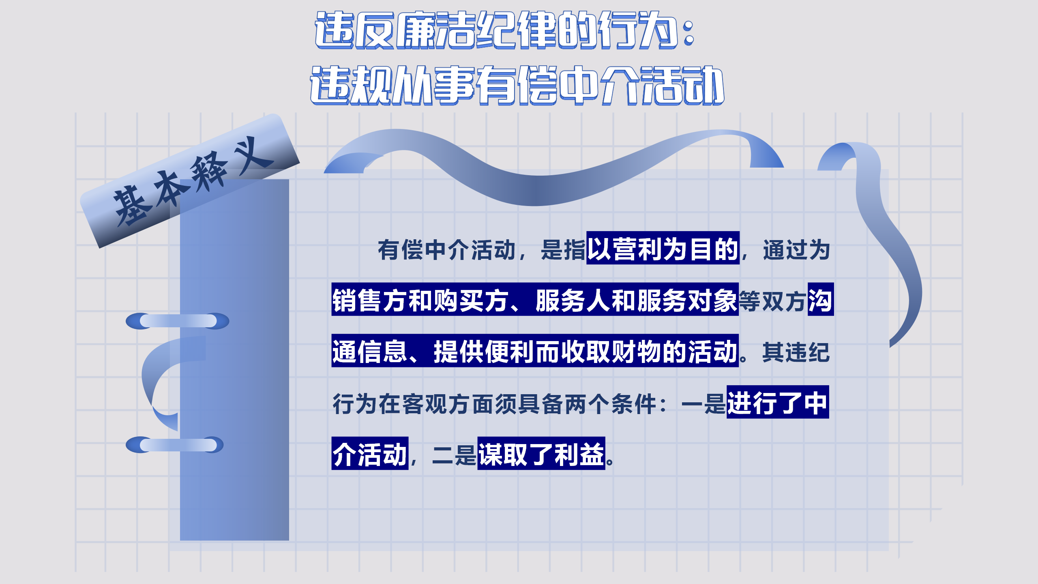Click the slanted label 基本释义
[x=191, y=182]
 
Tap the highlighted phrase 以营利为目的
[x=663, y=249]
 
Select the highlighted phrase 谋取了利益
[x=541, y=454]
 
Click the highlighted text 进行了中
[x=777, y=402]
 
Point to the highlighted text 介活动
[x=369, y=454]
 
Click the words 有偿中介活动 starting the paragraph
[x=446, y=249]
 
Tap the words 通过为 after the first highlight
[x=796, y=249]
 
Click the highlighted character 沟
[x=820, y=300]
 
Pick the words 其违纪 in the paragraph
[x=796, y=352]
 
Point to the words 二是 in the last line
[x=454, y=455]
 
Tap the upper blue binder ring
[x=178, y=321]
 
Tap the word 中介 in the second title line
[x=600, y=85]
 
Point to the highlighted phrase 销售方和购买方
[x=420, y=300]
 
